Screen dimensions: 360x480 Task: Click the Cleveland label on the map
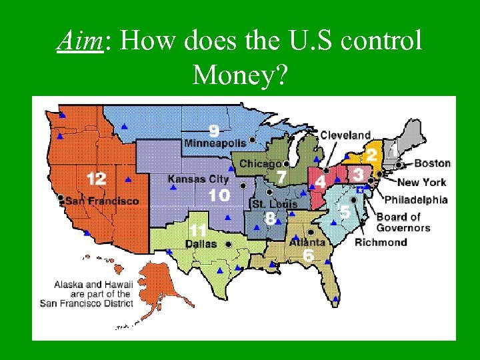tap(345, 135)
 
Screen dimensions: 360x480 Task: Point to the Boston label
tap(432, 163)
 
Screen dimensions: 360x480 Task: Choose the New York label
tap(422, 182)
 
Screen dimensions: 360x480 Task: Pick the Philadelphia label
tap(416, 199)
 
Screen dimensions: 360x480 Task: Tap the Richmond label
tap(381, 242)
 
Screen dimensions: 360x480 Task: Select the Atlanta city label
tap(307, 243)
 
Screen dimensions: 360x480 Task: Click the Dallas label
tap(201, 244)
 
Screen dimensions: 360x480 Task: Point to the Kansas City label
tap(198, 179)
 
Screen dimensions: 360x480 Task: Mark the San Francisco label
tap(103, 201)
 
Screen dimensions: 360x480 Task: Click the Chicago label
tap(260, 164)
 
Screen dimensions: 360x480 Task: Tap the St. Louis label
tap(275, 203)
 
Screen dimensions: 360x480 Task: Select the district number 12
tap(96, 179)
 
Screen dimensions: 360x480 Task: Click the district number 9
tap(213, 129)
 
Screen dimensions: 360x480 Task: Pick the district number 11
tap(197, 230)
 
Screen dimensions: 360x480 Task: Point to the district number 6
tap(308, 255)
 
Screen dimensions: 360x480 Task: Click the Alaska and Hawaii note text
tap(93, 293)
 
